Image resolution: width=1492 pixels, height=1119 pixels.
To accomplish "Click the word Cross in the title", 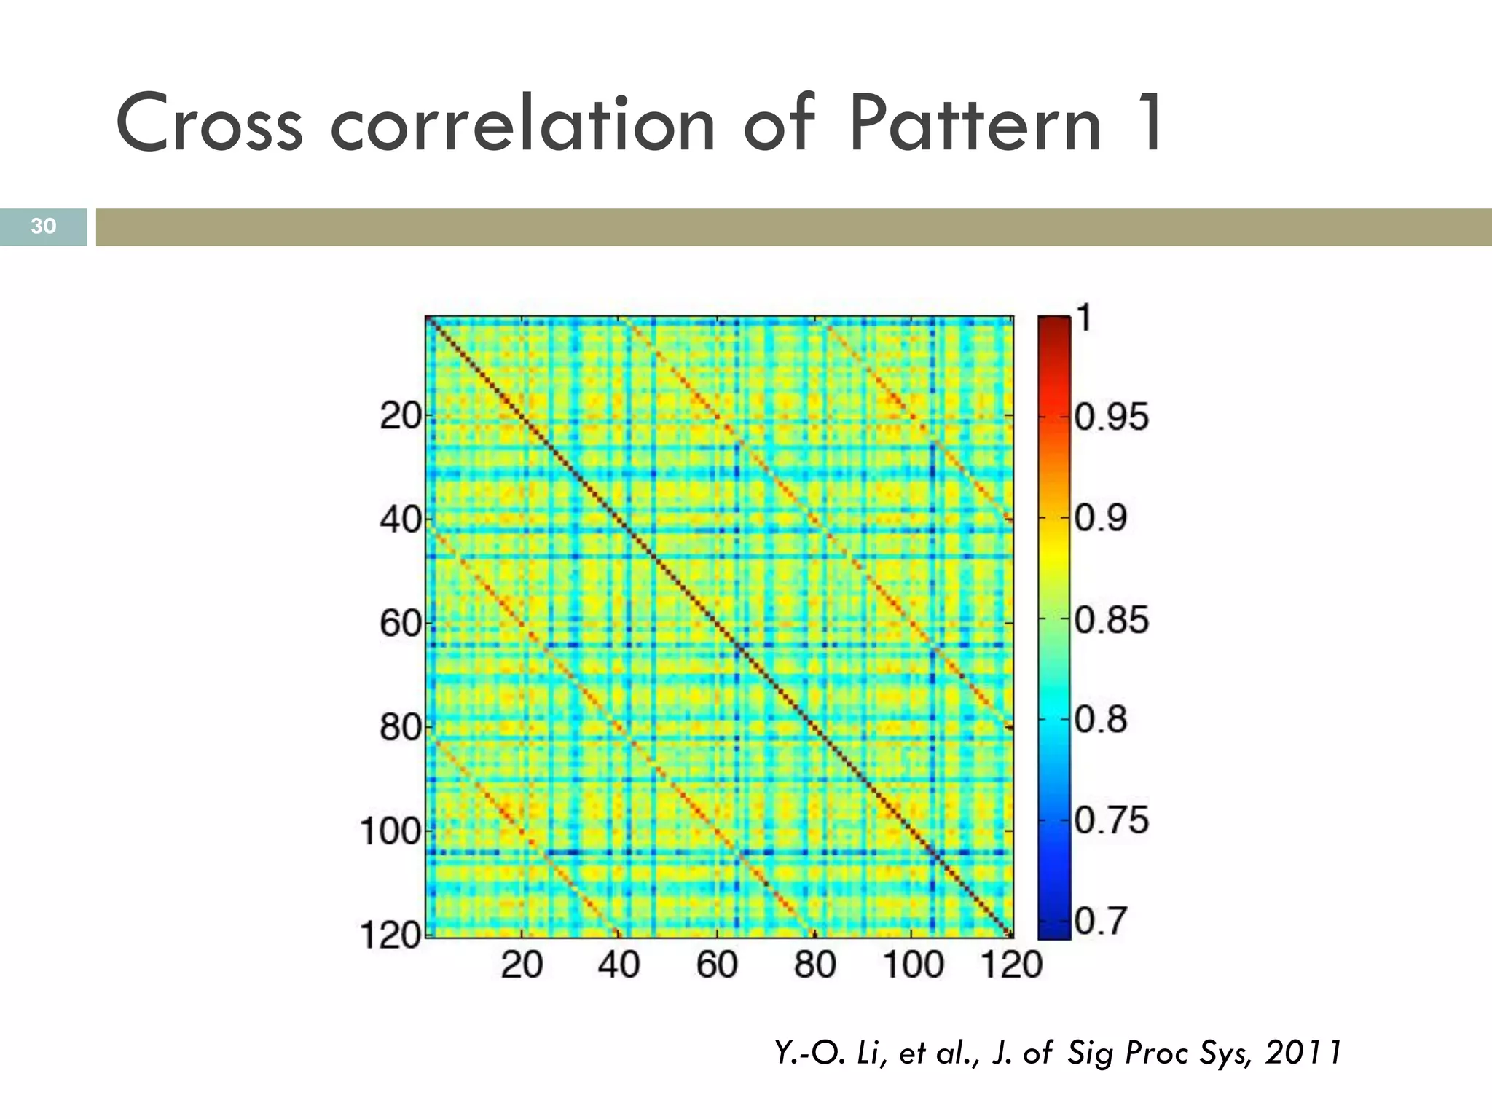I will pos(209,124).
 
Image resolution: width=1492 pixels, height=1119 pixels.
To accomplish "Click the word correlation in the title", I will pos(523,124).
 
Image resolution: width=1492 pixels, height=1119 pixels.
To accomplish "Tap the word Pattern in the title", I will pos(975,124).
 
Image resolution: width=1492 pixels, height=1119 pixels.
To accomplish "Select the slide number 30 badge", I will pos(43,226).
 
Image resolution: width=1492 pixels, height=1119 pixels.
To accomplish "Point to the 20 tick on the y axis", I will pos(401,417).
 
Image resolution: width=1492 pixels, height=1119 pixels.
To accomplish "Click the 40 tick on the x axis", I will pos(619,965).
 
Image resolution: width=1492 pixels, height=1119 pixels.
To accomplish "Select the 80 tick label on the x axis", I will pos(814,965).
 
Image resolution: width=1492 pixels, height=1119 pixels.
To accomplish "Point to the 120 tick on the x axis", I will pos(1011,965).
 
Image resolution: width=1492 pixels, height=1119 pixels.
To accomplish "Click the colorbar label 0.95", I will pos(1112,417).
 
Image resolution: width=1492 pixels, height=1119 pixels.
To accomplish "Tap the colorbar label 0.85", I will pos(1112,620).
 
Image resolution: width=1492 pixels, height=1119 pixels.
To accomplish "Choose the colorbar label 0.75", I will pos(1112,821).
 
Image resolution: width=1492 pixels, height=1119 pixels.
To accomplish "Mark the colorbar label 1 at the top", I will pos(1084,318).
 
